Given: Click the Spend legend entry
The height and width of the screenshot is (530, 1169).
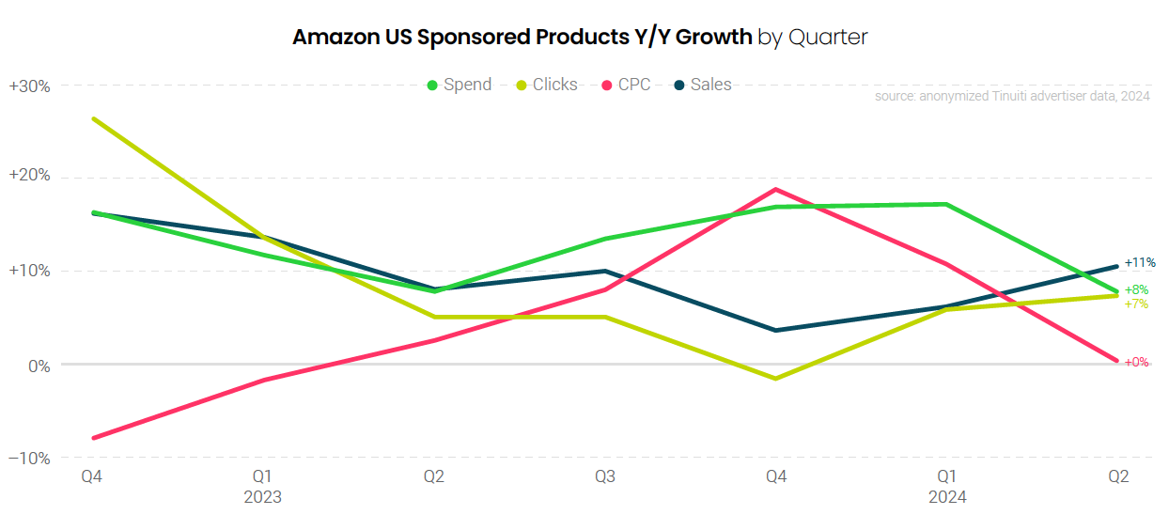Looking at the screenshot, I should (460, 85).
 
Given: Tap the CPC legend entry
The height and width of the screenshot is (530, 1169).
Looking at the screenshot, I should (626, 85).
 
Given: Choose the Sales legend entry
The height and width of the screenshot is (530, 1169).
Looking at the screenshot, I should (703, 85).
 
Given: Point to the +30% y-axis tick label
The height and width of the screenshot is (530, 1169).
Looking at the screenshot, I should (29, 86).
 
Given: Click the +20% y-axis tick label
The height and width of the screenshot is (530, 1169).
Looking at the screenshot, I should (29, 178).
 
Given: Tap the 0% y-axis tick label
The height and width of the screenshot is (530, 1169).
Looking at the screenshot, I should (37, 366).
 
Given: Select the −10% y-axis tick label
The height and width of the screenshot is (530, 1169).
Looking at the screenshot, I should (29, 458).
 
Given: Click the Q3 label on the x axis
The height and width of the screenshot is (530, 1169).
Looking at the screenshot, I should (605, 477).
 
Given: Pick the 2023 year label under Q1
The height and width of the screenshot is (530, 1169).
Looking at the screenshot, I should (263, 496).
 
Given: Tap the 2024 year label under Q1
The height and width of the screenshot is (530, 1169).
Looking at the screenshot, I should (947, 496).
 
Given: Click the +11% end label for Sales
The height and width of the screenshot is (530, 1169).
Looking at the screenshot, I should (1140, 262).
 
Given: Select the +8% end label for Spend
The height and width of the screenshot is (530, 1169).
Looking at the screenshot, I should (1136, 290).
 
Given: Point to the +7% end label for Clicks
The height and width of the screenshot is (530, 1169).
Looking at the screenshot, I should (1136, 304).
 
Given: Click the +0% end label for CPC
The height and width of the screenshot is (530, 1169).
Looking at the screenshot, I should (1136, 362).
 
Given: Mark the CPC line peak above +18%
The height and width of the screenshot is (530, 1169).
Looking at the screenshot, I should (776, 189).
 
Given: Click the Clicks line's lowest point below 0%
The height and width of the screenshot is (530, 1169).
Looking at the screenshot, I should (776, 379).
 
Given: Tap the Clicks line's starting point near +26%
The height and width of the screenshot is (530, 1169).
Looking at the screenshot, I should (93, 118).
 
